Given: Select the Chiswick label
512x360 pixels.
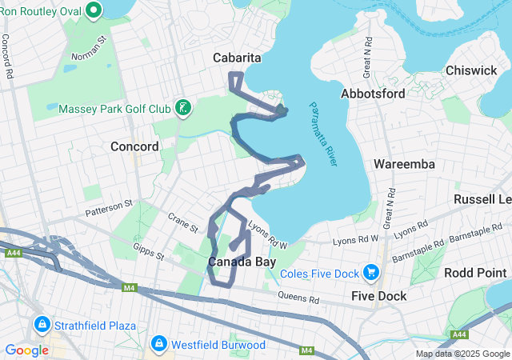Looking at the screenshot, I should point(472,70).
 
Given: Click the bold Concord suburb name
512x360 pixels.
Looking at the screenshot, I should point(134,146).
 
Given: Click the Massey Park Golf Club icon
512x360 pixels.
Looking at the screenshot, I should point(183,108).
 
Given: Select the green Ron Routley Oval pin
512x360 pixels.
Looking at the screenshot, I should point(94,10).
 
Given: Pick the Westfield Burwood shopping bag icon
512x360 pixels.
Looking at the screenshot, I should point(158,344).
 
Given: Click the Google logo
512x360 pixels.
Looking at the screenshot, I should point(26,350).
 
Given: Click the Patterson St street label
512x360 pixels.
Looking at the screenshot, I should point(109,209).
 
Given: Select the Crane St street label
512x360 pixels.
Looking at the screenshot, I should point(182,222).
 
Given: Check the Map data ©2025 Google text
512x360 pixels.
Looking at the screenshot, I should point(462,354).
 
